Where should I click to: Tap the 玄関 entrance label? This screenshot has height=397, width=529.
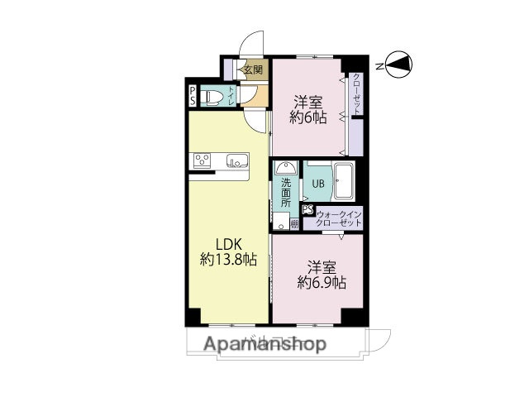coord(252,70)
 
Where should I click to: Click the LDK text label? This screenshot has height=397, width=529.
coord(229,244)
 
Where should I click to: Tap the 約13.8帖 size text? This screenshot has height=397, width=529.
coord(228,260)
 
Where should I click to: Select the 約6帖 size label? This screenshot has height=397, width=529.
coord(307,118)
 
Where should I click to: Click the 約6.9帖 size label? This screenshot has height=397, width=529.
coord(321,283)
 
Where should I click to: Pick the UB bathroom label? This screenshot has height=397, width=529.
coord(317,184)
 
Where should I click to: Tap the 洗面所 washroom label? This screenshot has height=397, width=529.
coord(285,192)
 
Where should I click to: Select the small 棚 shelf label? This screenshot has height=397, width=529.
coord(294,222)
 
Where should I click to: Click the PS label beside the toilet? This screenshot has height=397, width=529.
coord(193,97)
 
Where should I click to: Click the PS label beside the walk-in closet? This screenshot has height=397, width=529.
coord(307,210)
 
